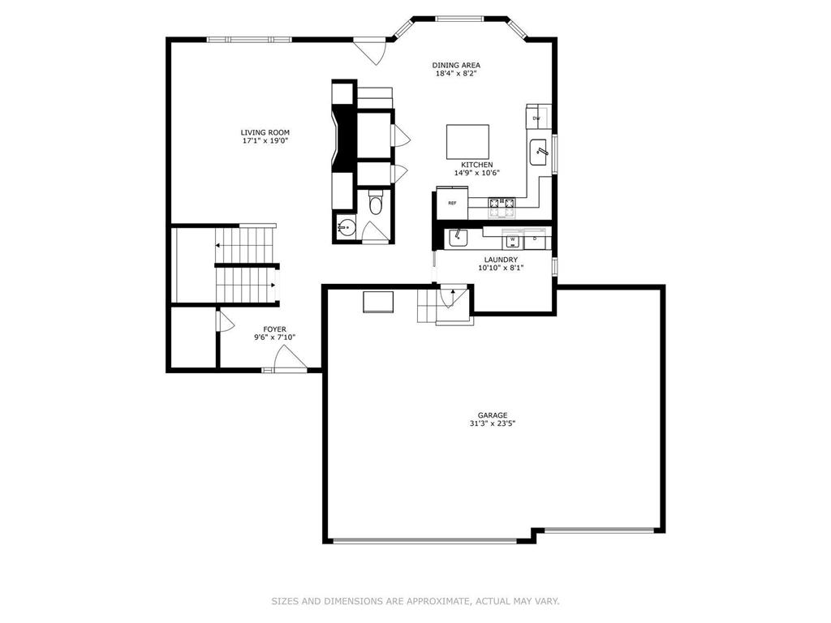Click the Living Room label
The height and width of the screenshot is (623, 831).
tap(265, 132)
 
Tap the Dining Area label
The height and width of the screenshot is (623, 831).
tap(455, 65)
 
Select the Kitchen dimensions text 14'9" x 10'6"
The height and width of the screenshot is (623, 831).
tap(476, 172)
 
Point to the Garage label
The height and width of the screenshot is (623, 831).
tap(492, 415)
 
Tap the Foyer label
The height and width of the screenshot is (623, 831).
tap(274, 329)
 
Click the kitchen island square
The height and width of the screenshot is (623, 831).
tap(468, 141)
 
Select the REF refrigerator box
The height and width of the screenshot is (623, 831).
tap(452, 203)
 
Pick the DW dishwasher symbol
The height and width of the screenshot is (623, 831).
tap(536, 118)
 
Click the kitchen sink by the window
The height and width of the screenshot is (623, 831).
tap(539, 151)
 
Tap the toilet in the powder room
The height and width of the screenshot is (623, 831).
tap(375, 204)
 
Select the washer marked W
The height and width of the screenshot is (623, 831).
tap(513, 239)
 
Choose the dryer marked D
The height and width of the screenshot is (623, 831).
tap(536, 239)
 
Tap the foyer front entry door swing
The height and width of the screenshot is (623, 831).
tap(288, 358)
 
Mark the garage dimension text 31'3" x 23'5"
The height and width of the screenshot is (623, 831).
tap(492, 423)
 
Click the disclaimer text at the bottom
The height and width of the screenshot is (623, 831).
tap(415, 601)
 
